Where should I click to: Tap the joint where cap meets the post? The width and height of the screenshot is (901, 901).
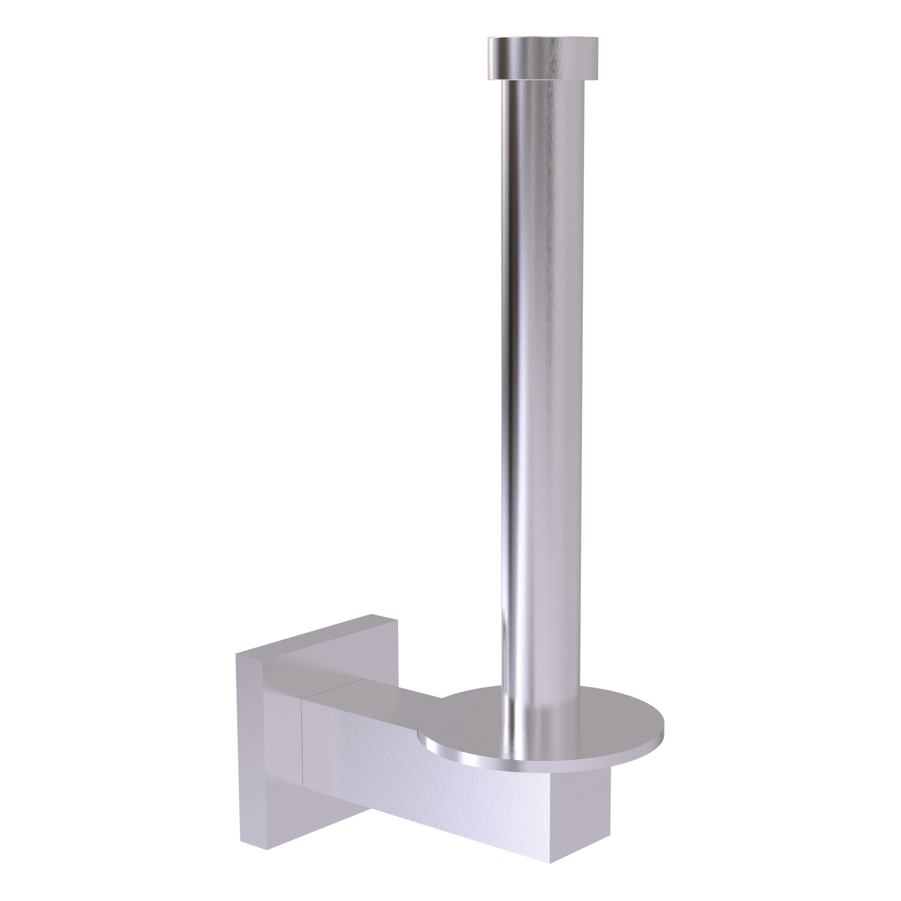coord(542,80)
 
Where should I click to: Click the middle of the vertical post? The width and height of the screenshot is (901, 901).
coord(542,373)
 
